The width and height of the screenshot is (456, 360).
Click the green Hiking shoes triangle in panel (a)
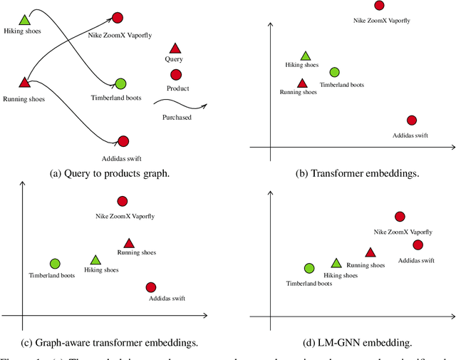point(25,21)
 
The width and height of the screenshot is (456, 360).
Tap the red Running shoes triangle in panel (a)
point(24,83)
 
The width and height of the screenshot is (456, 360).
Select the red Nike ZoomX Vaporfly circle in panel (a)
point(118,17)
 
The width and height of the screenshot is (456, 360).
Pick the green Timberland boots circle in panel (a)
point(120,84)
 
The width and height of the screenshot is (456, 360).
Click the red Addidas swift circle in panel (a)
point(123,142)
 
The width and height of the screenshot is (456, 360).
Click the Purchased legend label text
point(177,117)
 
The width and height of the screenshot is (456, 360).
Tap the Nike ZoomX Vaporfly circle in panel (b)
point(379,6)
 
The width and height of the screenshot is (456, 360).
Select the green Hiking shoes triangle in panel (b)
point(306,56)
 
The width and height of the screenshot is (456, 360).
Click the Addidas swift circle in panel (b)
point(411,120)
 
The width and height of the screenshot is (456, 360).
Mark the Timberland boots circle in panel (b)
point(335,72)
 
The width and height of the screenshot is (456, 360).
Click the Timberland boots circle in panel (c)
point(55,264)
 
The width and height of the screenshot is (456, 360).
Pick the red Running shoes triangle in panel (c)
point(129,243)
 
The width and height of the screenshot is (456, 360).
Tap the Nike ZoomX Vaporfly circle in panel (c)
point(122,202)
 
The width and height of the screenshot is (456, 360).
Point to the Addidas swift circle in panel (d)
point(418,245)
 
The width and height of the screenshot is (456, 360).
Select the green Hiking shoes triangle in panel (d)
point(336,264)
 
